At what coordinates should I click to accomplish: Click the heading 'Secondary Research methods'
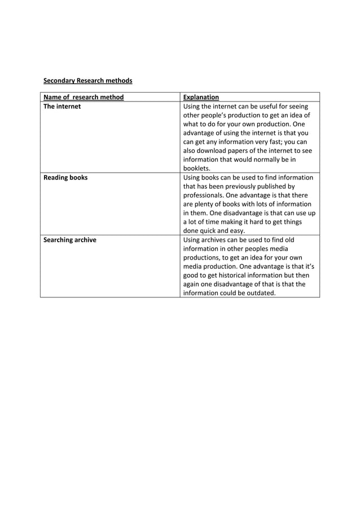[87, 81]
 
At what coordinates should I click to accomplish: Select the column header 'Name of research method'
[84, 97]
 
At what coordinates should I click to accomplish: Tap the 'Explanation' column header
[201, 97]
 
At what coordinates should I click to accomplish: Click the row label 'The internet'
[62, 106]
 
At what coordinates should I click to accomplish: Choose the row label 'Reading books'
[65, 177]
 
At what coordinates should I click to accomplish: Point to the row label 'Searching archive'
[70, 240]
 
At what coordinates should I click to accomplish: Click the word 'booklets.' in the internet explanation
[197, 168]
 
